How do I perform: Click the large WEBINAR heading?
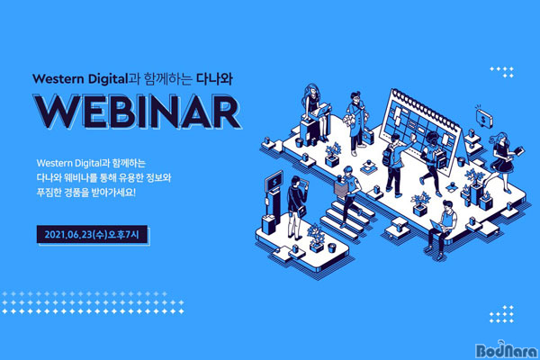(138, 112)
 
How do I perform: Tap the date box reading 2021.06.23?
(93, 235)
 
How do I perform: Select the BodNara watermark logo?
(506, 349)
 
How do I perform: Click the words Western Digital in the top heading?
(80, 79)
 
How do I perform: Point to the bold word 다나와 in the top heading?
(214, 79)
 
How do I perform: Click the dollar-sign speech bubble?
(484, 118)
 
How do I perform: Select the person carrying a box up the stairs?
(347, 195)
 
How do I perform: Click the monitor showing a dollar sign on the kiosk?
(274, 181)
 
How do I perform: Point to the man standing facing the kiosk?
(296, 207)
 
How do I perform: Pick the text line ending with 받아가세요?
(86, 193)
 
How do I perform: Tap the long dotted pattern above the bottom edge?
(93, 302)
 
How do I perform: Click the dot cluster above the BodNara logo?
(501, 314)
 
